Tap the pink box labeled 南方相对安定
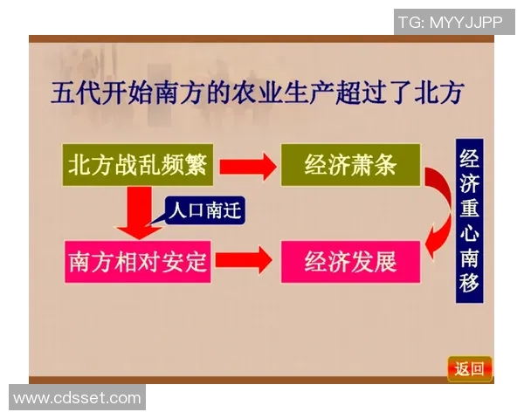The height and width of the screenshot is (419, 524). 139,261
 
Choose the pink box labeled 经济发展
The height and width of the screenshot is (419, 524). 350,261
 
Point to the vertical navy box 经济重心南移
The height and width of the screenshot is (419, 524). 469,223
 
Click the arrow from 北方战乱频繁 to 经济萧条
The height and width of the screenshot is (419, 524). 247,165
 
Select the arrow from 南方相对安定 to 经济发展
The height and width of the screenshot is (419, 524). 247,260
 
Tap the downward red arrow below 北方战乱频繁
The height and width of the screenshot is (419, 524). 138,215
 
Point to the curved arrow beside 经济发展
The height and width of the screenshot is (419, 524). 434,239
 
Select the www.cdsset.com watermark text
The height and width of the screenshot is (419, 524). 77,398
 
